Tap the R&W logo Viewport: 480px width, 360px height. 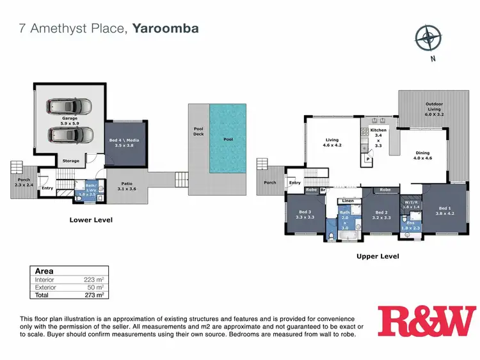(x=426, y=321)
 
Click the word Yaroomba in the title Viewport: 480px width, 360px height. (x=165, y=28)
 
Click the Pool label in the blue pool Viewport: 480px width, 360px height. (x=228, y=138)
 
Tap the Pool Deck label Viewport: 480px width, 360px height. (x=198, y=131)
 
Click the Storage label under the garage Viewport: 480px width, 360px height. (x=71, y=160)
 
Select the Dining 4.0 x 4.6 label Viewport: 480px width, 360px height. (x=423, y=155)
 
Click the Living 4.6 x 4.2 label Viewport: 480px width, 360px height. (x=332, y=141)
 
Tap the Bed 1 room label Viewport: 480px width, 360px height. (x=445, y=210)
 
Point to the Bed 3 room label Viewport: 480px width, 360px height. (x=305, y=214)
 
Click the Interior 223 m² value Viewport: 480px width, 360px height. (x=93, y=279)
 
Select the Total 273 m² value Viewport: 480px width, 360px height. (x=93, y=295)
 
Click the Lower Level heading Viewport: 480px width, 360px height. (x=90, y=220)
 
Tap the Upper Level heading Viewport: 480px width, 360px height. (x=377, y=256)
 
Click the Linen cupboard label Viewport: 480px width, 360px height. (x=348, y=201)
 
